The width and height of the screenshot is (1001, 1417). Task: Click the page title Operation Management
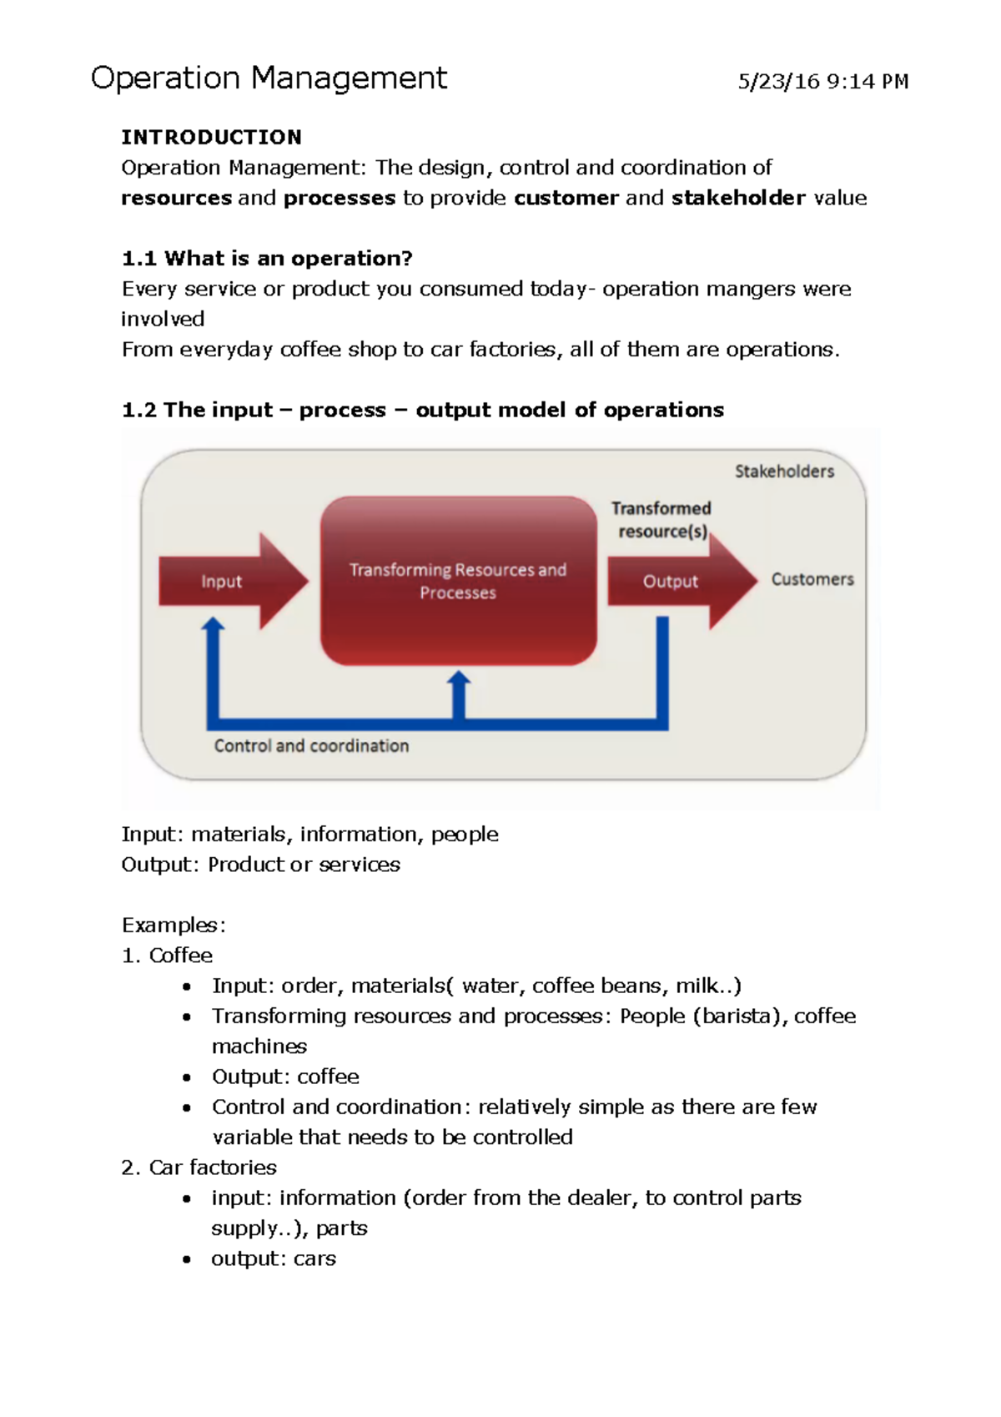269,78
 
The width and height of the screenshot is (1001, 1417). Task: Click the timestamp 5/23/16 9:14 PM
822,82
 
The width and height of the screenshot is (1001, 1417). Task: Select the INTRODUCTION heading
211,137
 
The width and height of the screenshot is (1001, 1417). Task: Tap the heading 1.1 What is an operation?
267,259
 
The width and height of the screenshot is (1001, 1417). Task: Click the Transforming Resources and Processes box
458,581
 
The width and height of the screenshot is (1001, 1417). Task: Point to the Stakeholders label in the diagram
784,471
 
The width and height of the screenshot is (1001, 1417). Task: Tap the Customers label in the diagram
812,579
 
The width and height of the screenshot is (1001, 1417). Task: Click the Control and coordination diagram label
311,746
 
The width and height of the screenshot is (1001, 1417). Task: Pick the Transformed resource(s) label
661,520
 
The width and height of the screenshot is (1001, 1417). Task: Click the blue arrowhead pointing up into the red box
458,681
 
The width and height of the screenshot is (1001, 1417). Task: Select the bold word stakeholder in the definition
738,199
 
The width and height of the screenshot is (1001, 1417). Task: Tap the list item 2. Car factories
199,1167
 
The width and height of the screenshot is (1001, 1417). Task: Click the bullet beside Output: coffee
187,1078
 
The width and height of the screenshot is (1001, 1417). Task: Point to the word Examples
174,925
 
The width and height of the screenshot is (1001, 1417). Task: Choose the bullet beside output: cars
187,1260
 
